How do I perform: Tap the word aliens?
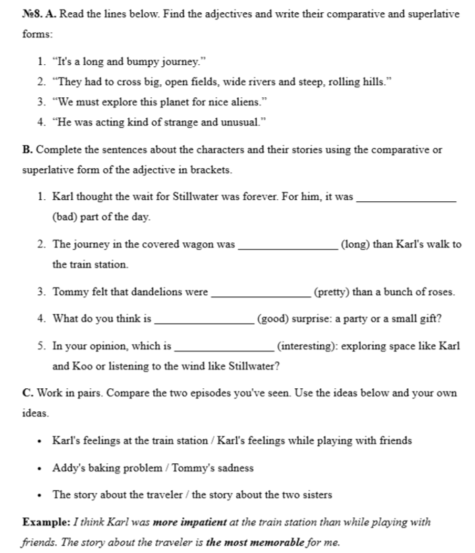pos(243,103)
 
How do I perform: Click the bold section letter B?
pos(26,150)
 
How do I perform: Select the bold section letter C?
pos(26,393)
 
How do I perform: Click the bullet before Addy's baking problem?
pos(41,468)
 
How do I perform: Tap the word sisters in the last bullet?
pos(314,494)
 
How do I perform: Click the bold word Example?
pos(45,522)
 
